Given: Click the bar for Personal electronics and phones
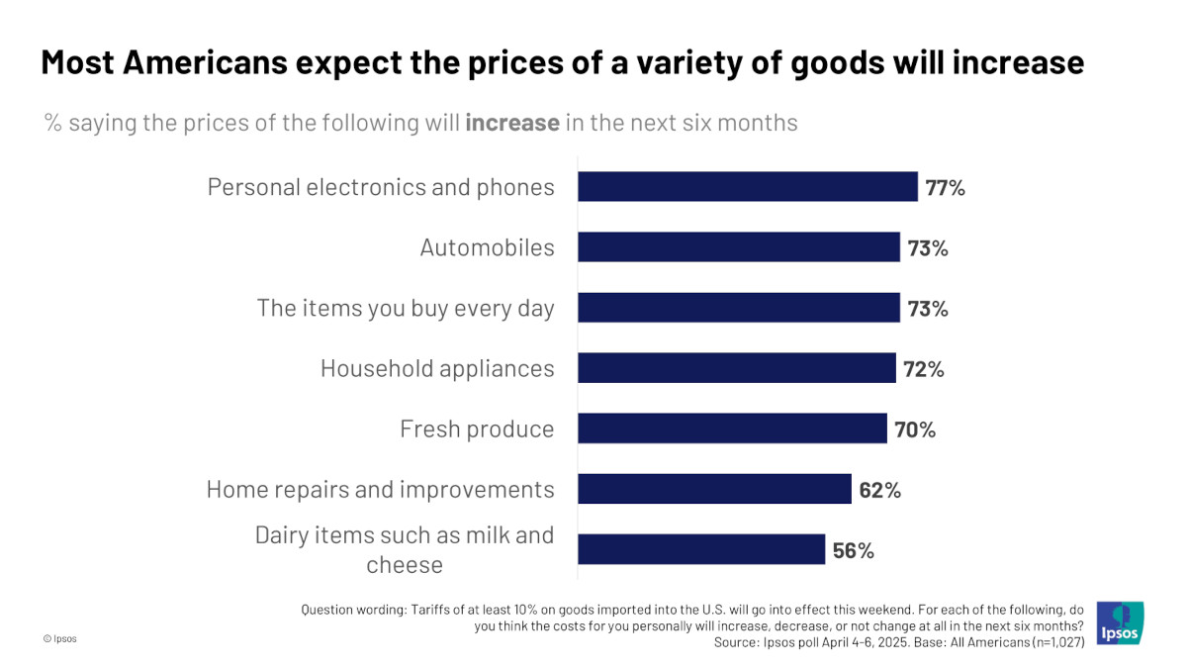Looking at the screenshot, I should click(x=748, y=187).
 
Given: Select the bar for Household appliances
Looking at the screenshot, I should click(x=737, y=368).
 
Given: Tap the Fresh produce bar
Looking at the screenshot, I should click(x=732, y=429).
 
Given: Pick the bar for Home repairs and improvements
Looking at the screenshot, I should click(x=714, y=489).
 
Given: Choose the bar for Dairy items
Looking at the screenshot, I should click(x=701, y=549).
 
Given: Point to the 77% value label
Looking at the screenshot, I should click(x=945, y=187).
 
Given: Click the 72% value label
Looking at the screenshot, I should click(x=924, y=369).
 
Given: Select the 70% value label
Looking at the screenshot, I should click(x=914, y=429).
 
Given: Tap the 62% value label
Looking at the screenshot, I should click(x=879, y=490).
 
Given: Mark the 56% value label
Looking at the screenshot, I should click(x=853, y=550).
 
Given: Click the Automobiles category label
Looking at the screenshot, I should click(x=487, y=247).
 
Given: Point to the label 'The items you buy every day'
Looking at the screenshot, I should click(x=406, y=308).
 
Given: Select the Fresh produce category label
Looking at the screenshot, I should click(x=477, y=429).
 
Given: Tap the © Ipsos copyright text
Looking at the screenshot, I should click(x=59, y=639).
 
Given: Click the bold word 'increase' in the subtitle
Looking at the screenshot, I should click(x=511, y=123).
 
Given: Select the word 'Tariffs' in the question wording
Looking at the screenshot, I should click(x=428, y=610).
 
